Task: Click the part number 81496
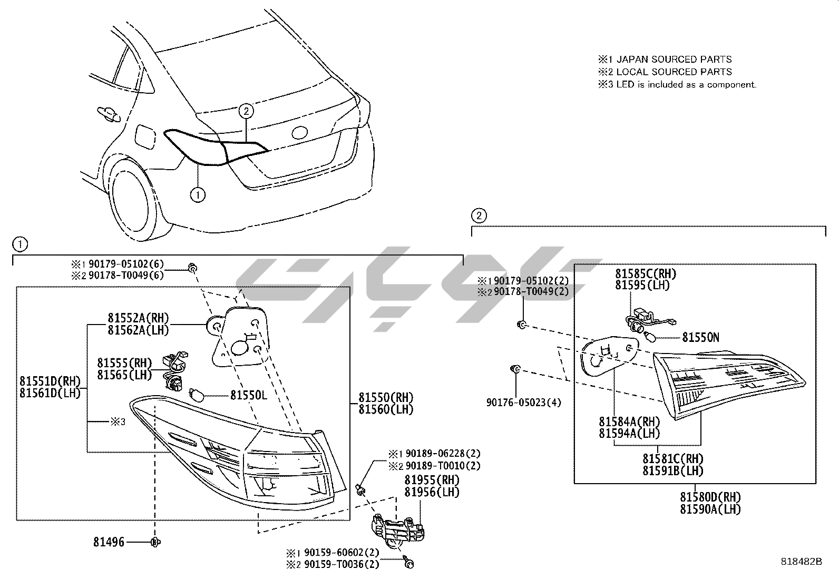(109, 542)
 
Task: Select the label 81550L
(248, 395)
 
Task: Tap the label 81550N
(700, 337)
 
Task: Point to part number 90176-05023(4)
(523, 403)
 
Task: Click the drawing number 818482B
(802, 562)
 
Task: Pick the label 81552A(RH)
(138, 318)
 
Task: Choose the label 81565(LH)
(124, 375)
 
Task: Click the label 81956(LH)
(432, 492)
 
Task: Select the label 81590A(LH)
(710, 509)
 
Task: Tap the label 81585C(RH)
(646, 273)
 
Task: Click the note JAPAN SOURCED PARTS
(674, 59)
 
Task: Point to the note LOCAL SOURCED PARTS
(674, 72)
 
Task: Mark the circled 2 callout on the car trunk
(246, 111)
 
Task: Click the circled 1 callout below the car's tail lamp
(197, 195)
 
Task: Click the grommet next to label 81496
(155, 542)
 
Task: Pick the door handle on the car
(106, 113)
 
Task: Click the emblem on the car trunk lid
(299, 132)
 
